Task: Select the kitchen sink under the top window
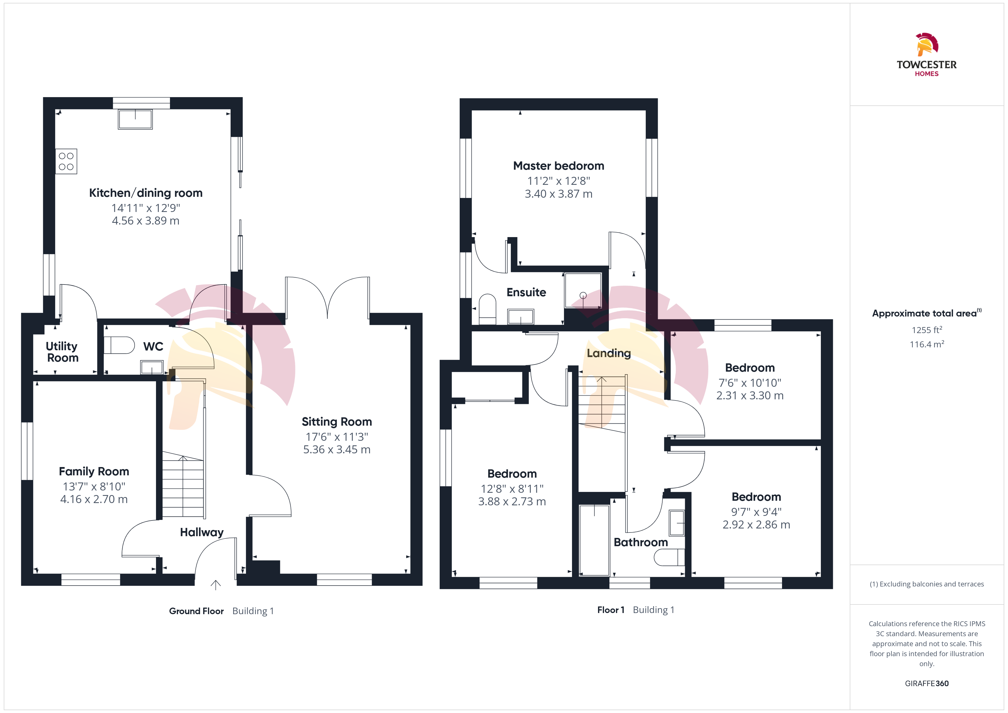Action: (x=135, y=119)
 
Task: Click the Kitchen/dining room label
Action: (x=146, y=193)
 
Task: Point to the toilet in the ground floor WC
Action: (x=119, y=345)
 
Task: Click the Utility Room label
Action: (x=62, y=352)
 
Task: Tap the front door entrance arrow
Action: (x=215, y=584)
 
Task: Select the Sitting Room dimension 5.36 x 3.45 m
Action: (x=337, y=450)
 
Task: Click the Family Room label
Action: (x=94, y=472)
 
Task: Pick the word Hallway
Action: (x=202, y=532)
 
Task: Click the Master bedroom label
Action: (x=559, y=166)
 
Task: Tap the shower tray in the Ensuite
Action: (x=583, y=291)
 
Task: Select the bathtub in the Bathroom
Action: (x=595, y=540)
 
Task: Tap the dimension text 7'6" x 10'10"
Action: (x=750, y=383)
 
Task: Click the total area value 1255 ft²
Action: (x=927, y=330)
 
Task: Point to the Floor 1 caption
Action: (x=611, y=610)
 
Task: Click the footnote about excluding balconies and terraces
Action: (x=927, y=584)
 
